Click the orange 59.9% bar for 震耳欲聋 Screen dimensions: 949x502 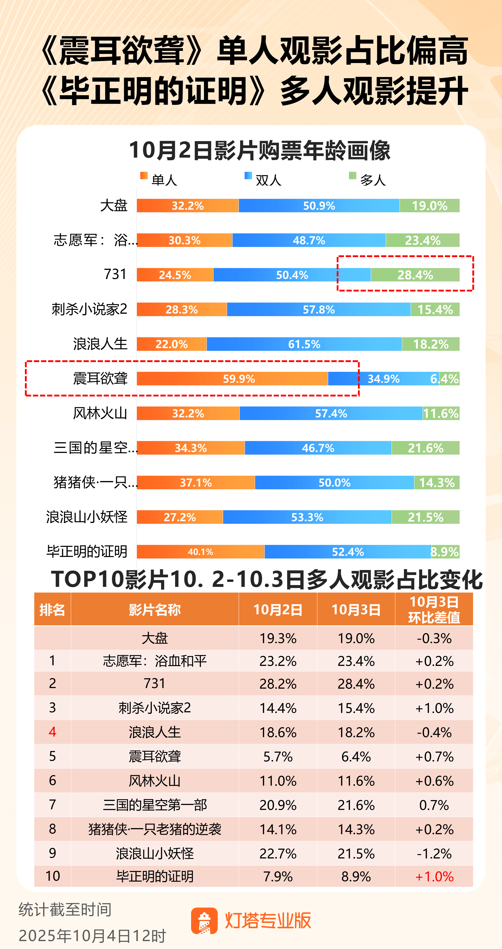click(x=232, y=379)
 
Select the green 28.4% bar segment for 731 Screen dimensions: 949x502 click(x=415, y=275)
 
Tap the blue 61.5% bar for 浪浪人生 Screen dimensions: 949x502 click(x=304, y=344)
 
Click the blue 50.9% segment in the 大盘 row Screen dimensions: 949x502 click(x=319, y=206)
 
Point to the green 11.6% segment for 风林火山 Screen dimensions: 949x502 click(x=441, y=413)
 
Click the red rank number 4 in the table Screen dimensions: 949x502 click(x=52, y=732)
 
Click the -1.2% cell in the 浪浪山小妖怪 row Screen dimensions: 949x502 click(x=434, y=853)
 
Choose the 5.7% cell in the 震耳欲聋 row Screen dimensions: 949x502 click(x=278, y=756)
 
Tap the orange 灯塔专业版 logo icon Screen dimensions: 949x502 click(x=204, y=921)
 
